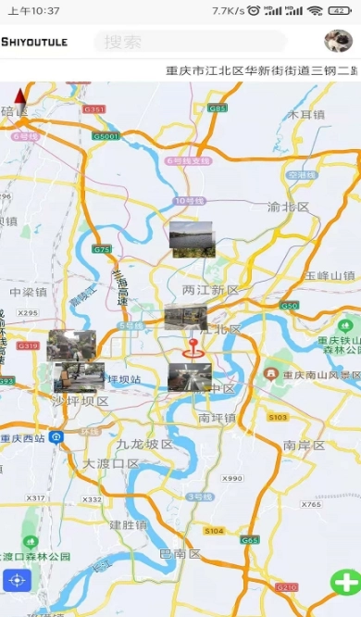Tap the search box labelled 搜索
tap(190, 42)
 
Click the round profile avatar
tap(338, 41)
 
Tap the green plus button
tap(346, 583)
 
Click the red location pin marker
tap(193, 348)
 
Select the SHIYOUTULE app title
tap(34, 42)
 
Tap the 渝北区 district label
tap(288, 207)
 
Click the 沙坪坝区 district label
tap(80, 401)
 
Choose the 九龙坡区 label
tap(145, 444)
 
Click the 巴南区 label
tap(180, 554)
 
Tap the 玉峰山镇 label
tap(330, 275)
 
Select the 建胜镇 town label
tap(129, 524)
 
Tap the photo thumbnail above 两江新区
tap(193, 239)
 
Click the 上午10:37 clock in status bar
tap(34, 10)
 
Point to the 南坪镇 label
tap(217, 418)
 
